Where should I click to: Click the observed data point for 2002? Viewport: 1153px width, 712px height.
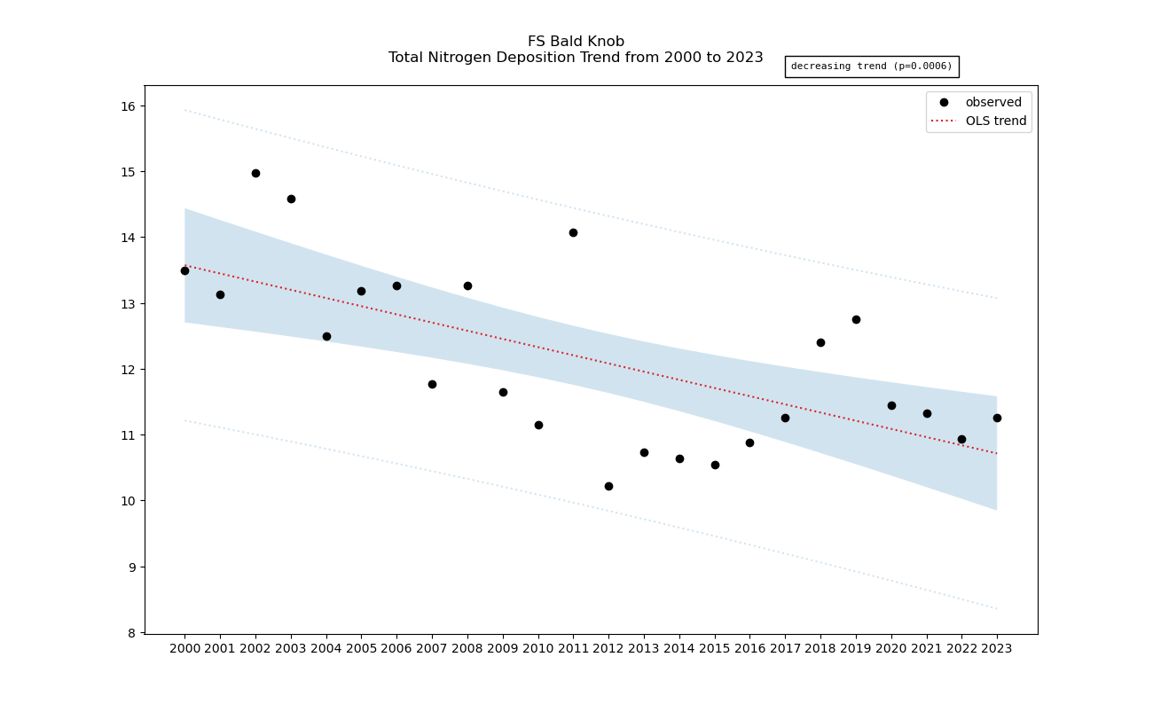coord(255,173)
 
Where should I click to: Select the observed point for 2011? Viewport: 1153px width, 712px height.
coord(573,232)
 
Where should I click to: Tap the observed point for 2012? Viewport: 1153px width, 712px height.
coord(608,486)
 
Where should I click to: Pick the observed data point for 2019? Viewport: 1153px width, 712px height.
coord(856,319)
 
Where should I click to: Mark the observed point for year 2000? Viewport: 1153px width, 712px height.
coord(184,270)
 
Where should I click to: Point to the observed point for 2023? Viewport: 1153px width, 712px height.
coord(997,418)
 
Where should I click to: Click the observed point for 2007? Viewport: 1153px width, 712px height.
coord(432,384)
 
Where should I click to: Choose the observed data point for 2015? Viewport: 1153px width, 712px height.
coord(715,465)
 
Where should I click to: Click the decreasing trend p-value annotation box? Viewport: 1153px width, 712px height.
coord(871,67)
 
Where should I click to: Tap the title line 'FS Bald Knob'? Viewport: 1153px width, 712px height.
coord(576,42)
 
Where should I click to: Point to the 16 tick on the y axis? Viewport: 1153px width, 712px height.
coord(129,106)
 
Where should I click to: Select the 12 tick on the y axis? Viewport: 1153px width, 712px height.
coord(129,370)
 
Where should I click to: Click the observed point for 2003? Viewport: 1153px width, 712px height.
coord(291,199)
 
